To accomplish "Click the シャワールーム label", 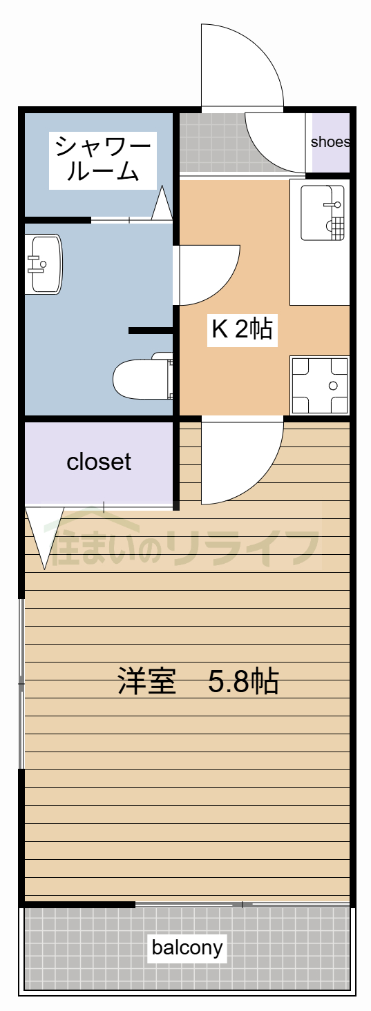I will (102, 159).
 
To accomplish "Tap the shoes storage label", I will (330, 143).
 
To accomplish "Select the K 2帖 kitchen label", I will (241, 330).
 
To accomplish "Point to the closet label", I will (99, 462).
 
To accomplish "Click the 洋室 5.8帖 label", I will (198, 682).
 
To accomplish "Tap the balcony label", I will (187, 948).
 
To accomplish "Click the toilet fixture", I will (142, 378).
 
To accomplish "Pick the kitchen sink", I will (322, 212).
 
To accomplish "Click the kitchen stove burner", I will (319, 385).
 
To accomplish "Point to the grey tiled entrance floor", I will (211, 145).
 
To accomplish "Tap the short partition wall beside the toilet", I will (150, 331).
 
